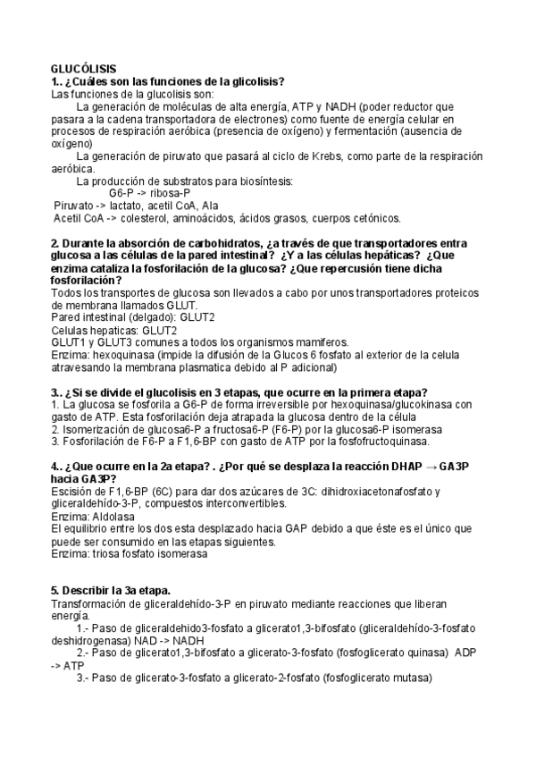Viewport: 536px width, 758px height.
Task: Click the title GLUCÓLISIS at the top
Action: point(82,69)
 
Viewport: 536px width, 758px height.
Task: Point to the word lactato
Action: point(121,205)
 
